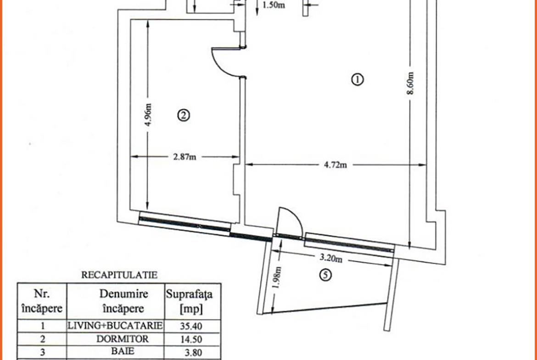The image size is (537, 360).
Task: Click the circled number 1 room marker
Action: (357, 80)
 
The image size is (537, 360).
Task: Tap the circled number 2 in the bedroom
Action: (183, 116)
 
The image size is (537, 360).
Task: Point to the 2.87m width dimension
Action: (185, 157)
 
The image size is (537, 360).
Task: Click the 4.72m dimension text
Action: (336, 165)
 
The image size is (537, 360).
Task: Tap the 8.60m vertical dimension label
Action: (411, 83)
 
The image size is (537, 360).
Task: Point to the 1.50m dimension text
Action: (274, 6)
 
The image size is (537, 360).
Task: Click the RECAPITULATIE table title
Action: (119, 275)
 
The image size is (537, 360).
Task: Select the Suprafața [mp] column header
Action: (189, 302)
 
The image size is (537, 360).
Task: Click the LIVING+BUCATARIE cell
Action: (115, 326)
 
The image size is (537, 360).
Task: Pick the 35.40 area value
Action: (191, 326)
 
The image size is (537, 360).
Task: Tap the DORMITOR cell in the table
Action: (122, 339)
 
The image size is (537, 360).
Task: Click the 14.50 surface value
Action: (191, 339)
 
